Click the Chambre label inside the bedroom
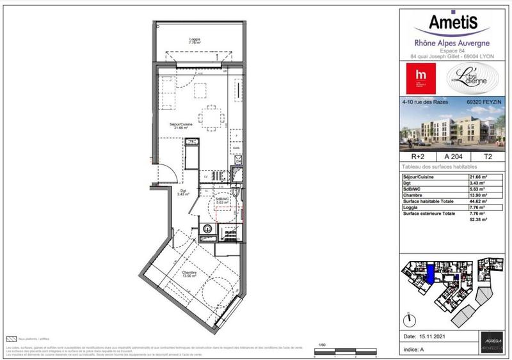click(189, 274)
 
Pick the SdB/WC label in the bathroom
click(221, 200)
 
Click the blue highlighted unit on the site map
click(432, 274)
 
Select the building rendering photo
click(452, 128)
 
